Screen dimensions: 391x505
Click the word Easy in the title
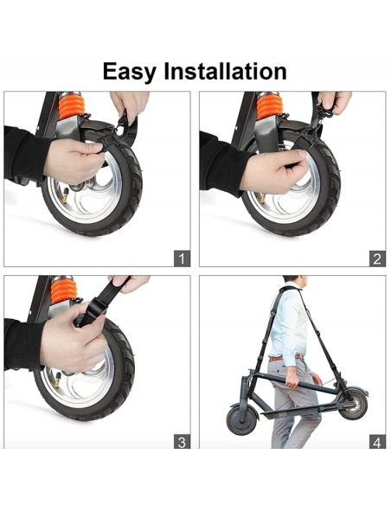coord(129,72)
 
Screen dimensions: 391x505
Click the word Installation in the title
coord(225,71)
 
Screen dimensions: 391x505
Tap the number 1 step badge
coord(182,259)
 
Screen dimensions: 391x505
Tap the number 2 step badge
coord(377,259)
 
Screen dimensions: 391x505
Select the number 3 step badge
coord(182,442)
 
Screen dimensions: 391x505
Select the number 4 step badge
coord(377,442)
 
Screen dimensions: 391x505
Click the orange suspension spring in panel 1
coord(72,105)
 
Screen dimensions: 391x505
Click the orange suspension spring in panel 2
coord(270,105)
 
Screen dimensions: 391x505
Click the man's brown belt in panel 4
coord(285,358)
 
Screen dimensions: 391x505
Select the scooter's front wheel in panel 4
coord(242,419)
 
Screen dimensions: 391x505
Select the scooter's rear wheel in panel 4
coord(353,405)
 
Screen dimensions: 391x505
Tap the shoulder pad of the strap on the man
coord(289,288)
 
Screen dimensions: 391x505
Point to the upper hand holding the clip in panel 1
coord(130,103)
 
